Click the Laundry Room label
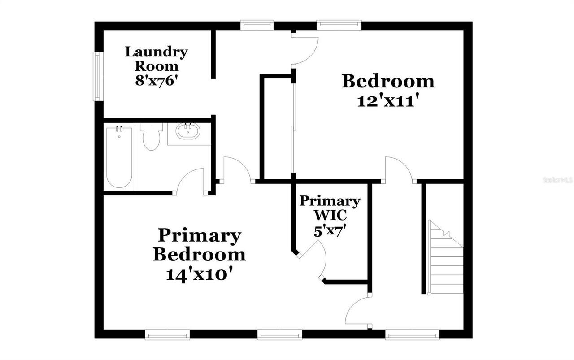pos(156,59)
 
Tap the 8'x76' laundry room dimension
pos(156,80)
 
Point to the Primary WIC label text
pos(330,208)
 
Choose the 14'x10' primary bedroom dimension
pos(199,274)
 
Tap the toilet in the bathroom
pos(151,136)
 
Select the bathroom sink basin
pos(188,132)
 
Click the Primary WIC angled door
pos(315,260)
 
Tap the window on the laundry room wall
pos(96,76)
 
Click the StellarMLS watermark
pos(557,180)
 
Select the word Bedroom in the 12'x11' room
pos(388,82)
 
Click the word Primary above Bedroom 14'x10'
pos(199,235)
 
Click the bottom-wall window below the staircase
pos(412,334)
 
